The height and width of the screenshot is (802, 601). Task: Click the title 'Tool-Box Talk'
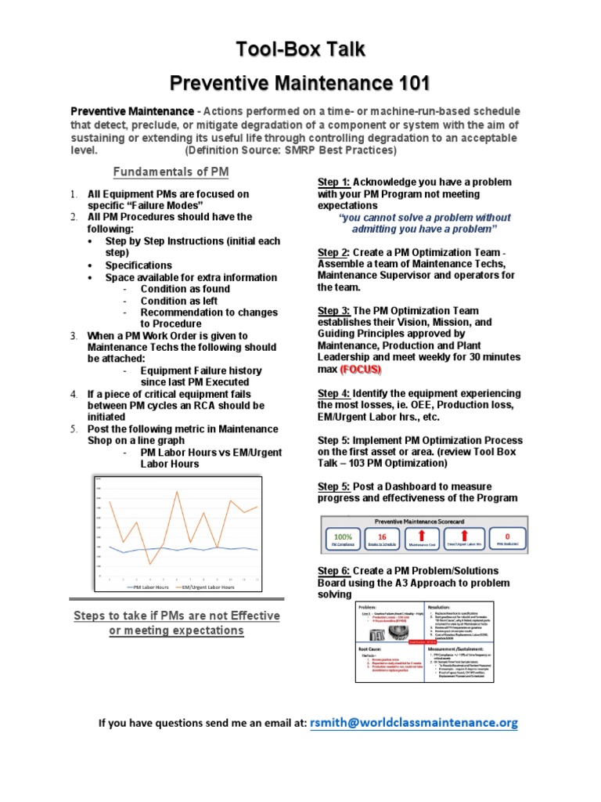click(x=301, y=49)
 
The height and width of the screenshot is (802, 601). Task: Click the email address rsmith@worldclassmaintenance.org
click(x=414, y=723)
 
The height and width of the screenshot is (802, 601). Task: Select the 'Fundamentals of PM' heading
click(x=171, y=172)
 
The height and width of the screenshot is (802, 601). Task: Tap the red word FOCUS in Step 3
click(x=361, y=368)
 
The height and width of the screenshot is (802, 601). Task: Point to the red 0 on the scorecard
click(x=507, y=536)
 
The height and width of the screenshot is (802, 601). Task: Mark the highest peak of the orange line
click(x=178, y=492)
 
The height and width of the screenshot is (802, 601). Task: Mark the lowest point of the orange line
click(x=150, y=564)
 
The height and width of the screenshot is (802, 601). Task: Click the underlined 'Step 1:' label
click(x=333, y=182)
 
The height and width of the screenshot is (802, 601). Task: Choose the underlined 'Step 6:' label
click(x=333, y=571)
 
